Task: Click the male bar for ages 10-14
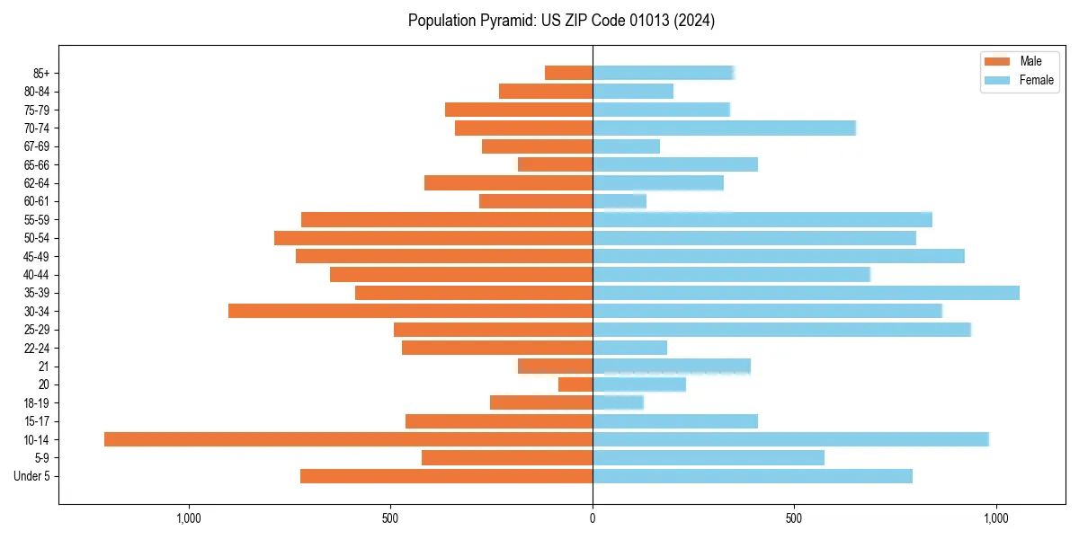point(348,439)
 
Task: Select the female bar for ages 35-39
point(806,293)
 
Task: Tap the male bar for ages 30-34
point(410,311)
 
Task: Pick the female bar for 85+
point(664,73)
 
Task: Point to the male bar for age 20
point(575,384)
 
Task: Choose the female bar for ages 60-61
point(620,201)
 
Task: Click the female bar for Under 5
point(753,476)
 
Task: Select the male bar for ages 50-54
point(433,238)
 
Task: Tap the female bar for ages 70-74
point(724,128)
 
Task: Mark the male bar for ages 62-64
point(508,183)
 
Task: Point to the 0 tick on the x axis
point(593,518)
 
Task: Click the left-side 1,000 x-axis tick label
point(189,518)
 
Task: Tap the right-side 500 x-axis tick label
point(794,518)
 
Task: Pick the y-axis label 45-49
point(37,256)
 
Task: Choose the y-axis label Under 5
point(31,476)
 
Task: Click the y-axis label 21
point(44,367)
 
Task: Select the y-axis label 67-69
point(37,146)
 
